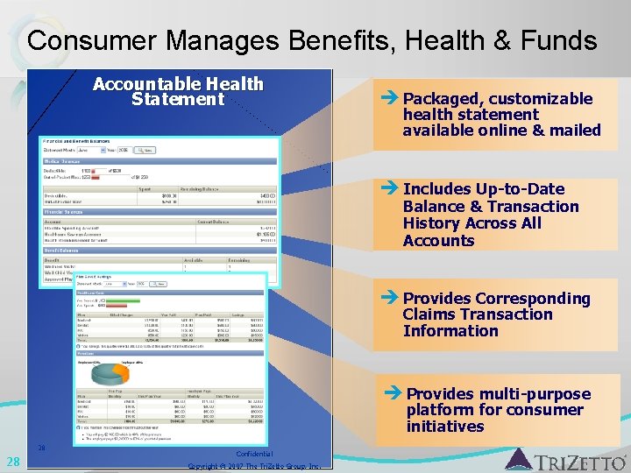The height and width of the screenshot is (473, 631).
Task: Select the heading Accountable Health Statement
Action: (178, 91)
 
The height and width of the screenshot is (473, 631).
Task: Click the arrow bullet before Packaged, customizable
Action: (391, 98)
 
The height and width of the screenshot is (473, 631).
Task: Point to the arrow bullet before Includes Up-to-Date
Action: (391, 188)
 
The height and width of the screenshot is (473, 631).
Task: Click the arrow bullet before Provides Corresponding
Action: (391, 298)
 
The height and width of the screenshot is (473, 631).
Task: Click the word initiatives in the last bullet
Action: (445, 427)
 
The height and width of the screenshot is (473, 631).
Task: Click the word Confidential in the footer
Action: (254, 454)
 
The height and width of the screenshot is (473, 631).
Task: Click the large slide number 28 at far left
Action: (13, 462)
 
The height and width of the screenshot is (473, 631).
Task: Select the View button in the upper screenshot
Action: (146, 150)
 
